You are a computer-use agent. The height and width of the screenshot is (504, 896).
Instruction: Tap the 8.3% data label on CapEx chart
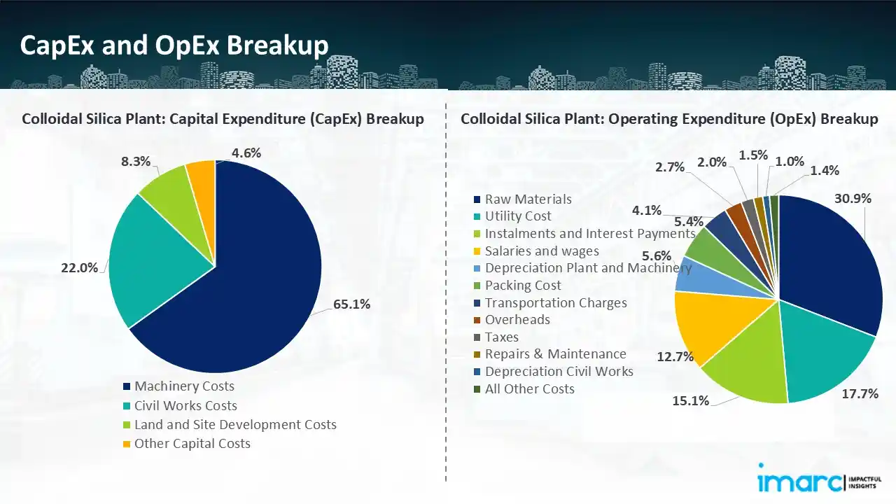pos(136,161)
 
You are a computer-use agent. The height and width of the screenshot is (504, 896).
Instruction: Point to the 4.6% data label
pos(246,153)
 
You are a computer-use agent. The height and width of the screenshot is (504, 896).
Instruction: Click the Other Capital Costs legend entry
pos(192,443)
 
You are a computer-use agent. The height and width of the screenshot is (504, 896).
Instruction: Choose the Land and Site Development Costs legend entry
pos(235,424)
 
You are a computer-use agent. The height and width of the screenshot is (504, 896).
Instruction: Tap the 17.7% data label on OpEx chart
pos(860,394)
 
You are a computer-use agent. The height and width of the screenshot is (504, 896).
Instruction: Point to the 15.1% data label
pos(692,400)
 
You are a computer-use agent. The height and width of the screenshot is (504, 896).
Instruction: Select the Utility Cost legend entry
pos(518,216)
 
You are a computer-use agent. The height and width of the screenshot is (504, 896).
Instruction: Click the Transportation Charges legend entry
pos(556,302)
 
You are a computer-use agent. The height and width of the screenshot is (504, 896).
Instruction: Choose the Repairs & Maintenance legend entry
pos(555,354)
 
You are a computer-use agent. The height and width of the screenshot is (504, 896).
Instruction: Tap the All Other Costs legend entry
pos(529,388)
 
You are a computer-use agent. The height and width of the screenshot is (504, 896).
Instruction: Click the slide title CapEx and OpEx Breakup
pos(174,45)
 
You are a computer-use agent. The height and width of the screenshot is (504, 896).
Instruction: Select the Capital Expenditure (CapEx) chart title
pos(223,119)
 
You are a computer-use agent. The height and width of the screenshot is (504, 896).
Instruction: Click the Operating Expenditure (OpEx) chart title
pos(668,119)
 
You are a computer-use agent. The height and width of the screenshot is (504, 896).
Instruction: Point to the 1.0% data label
pos(790,161)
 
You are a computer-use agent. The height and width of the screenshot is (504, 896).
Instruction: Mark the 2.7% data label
pos(670,167)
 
